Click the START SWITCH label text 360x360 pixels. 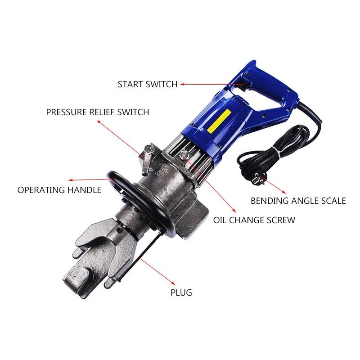pos(148,84)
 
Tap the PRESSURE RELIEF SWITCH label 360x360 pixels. pos(97,112)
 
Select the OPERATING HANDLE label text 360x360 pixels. pos(59,190)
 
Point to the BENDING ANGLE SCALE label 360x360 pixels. pos(298,201)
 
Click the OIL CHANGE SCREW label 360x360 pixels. pos(254,220)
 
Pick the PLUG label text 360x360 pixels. pos(181,292)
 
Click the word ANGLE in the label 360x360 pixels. pos(302,201)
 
